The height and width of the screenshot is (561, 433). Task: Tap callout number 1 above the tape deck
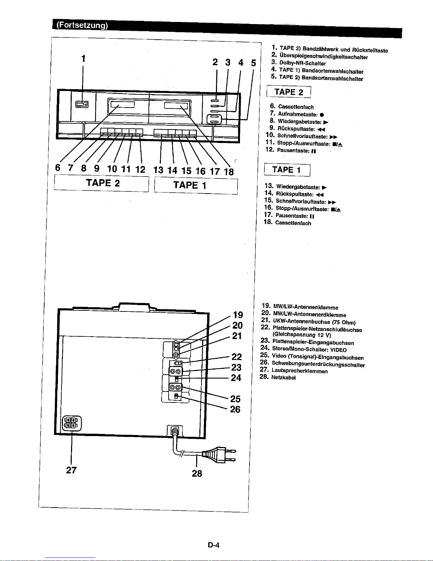point(83,58)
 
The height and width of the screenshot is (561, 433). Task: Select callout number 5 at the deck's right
point(253,63)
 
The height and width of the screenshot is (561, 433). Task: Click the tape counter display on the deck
point(82,104)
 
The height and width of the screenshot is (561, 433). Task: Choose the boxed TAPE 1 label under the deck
point(189,185)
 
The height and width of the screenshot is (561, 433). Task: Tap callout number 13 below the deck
point(159,170)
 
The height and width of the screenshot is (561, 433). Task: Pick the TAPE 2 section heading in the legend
point(289,92)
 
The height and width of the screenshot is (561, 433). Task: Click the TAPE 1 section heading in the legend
point(287,170)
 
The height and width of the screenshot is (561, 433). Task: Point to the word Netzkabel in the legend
point(283,378)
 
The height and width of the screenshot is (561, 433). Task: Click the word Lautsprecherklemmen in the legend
point(299,371)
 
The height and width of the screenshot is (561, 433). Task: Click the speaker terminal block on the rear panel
point(72,423)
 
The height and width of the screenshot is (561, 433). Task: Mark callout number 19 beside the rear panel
point(238,315)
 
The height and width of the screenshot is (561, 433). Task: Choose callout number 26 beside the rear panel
point(235,410)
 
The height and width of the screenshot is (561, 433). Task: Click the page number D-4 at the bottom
point(214,545)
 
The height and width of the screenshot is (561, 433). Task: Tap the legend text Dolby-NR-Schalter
point(302,64)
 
